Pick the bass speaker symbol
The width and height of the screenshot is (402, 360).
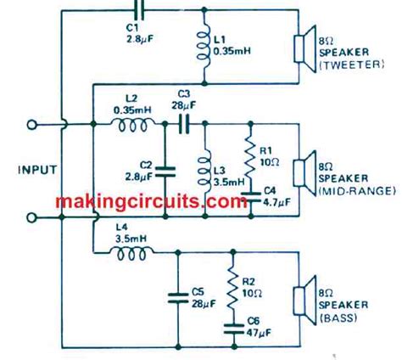click(301, 302)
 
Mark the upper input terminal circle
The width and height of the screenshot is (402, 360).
click(33, 125)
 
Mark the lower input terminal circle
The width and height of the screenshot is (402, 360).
click(33, 216)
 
